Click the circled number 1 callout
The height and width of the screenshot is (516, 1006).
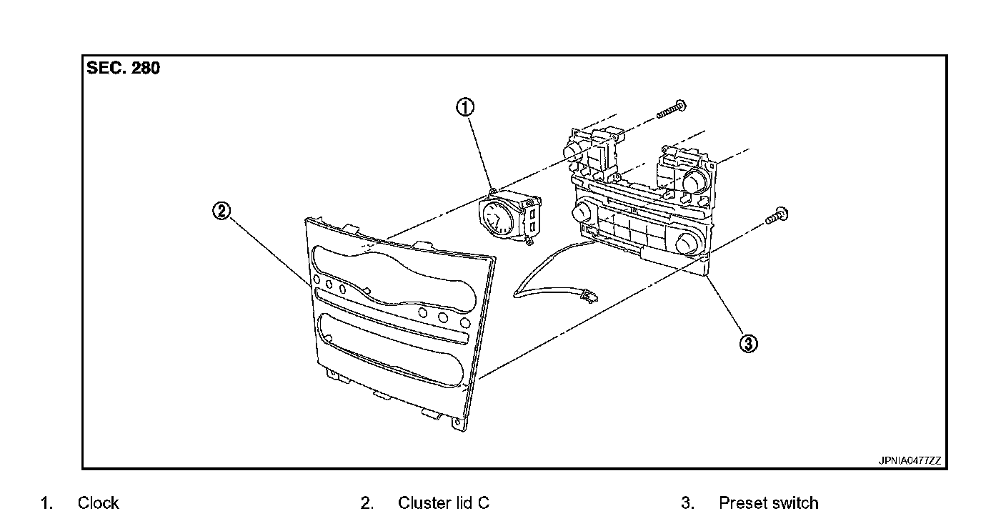point(465,107)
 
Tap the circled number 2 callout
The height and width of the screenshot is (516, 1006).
point(221,211)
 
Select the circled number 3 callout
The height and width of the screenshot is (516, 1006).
point(748,344)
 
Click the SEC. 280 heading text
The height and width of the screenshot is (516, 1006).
point(123,69)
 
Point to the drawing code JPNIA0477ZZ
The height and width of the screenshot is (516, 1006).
point(910,461)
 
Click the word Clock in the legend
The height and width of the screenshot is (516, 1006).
point(98,503)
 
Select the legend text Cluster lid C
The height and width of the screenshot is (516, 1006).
point(443,503)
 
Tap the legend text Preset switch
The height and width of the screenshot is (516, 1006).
point(768,503)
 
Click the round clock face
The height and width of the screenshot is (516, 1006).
point(497,218)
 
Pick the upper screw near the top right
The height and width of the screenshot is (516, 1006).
point(672,109)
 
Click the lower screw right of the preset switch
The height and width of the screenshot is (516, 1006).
point(777,216)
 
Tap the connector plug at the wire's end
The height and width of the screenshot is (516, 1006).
point(589,296)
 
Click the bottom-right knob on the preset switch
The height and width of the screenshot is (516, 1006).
point(686,244)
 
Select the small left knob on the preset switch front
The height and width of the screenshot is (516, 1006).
point(582,211)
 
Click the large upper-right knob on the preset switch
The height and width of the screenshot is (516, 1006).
point(695,182)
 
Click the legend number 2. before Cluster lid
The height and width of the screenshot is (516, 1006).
point(367,503)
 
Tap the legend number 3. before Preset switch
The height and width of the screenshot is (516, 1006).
point(687,503)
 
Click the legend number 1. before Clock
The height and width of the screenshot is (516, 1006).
point(46,503)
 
